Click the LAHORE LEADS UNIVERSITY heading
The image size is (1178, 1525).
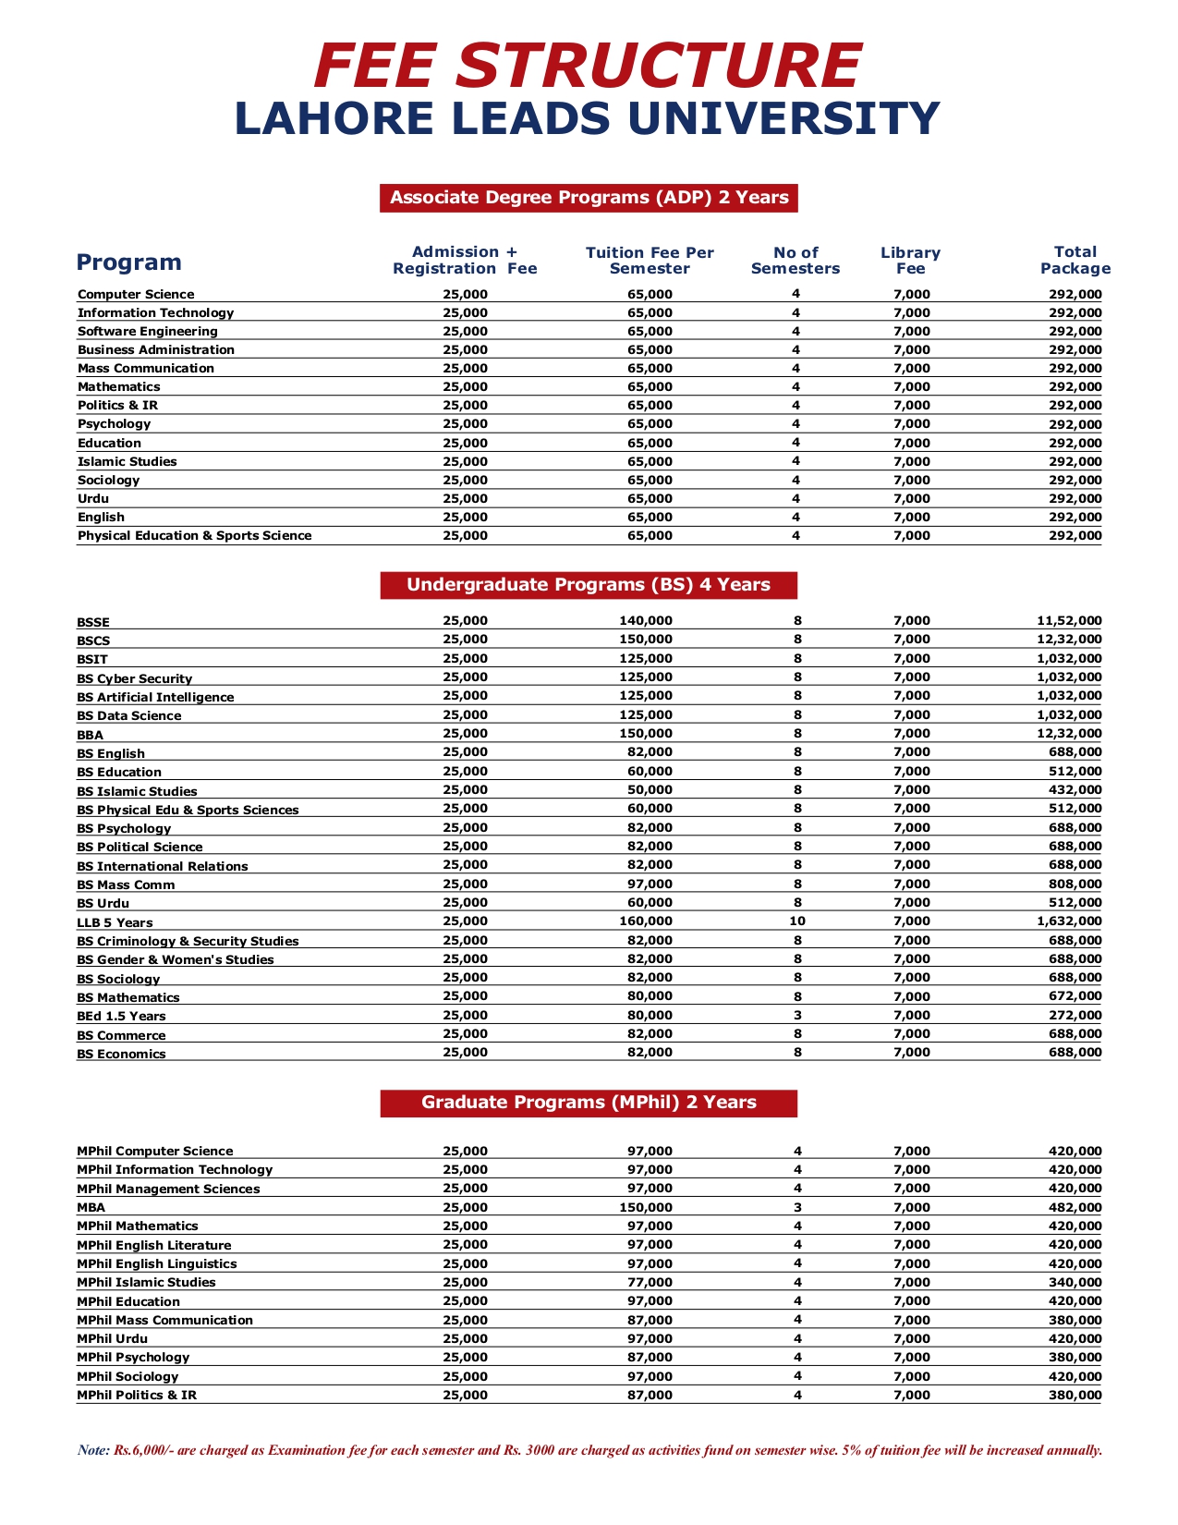click(588, 118)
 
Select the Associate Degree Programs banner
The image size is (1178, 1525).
click(589, 198)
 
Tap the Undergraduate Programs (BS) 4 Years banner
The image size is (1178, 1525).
click(589, 585)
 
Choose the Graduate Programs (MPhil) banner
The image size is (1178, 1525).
click(589, 1103)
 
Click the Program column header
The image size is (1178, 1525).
click(128, 262)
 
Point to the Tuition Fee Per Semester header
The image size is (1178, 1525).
click(650, 261)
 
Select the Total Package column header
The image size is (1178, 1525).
click(1075, 261)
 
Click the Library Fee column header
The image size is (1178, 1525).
click(910, 261)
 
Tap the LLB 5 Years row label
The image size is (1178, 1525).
click(115, 922)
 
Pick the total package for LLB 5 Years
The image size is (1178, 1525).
click(1069, 921)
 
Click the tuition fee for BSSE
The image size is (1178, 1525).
click(646, 621)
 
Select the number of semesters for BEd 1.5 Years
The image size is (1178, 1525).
click(797, 1015)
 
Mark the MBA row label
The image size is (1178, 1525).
click(91, 1207)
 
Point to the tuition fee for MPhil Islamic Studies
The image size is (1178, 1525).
click(650, 1282)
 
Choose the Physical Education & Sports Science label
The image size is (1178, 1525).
click(194, 536)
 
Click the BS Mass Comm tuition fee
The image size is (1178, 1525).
click(650, 884)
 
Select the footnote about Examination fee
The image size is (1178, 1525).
click(589, 1450)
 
